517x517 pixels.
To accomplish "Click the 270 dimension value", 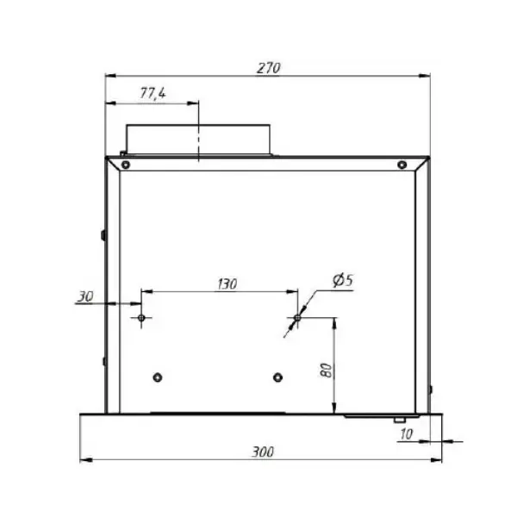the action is coord(268,68).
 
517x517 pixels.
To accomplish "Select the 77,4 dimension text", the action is coord(153,93).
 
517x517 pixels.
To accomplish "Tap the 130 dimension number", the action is coord(227,283).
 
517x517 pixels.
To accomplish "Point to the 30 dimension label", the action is coord(85,296).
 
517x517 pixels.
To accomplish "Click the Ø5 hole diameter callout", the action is coord(343,280).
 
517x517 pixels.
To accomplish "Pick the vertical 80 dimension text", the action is coord(327,371).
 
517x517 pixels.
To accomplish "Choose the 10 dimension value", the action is coord(406,434).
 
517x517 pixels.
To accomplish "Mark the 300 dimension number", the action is coord(263,452).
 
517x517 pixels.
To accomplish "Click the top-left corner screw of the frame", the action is coord(126,165).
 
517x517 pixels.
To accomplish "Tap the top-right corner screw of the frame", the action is coord(402,165).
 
